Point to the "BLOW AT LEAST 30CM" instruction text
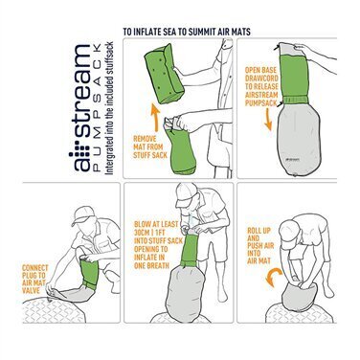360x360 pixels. tap(155, 244)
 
